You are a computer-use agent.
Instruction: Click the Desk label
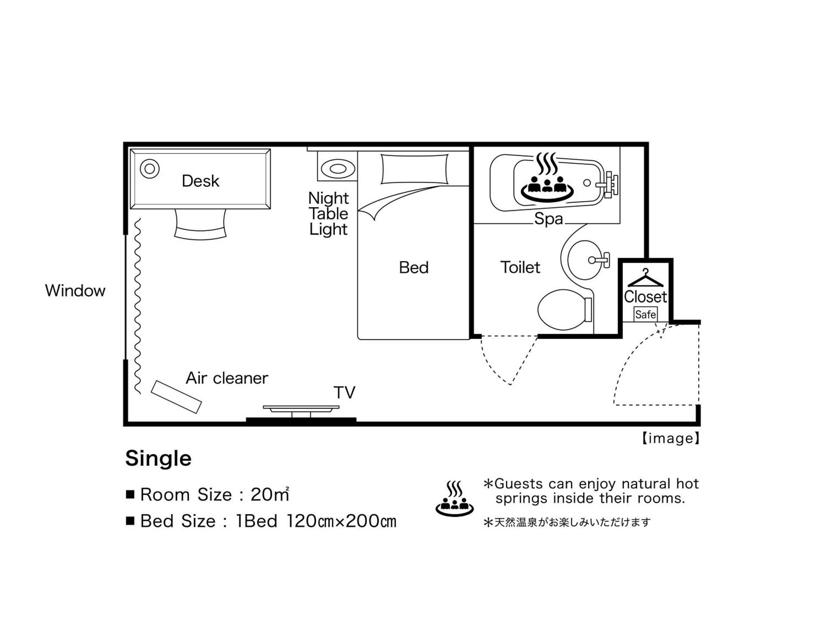pos(200,181)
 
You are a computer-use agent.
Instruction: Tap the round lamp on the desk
pos(150,169)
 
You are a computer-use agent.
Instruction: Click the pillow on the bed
pos(414,169)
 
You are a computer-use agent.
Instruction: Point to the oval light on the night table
pos(338,168)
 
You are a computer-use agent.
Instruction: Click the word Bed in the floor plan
pos(413,267)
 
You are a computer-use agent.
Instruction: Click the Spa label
pos(548,219)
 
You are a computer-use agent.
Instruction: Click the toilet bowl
pos(561,310)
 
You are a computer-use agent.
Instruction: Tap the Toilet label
pos(520,267)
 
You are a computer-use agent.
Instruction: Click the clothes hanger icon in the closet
pos(645,279)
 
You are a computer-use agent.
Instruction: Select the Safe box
pos(645,314)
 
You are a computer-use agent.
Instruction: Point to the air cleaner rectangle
pos(176,397)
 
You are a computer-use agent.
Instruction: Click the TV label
pos(344,393)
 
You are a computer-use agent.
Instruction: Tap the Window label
pos(75,291)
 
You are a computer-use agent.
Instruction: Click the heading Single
pos(158,458)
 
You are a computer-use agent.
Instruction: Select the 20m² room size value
pos(270,495)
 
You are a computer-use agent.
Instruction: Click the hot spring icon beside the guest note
pos(454,499)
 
